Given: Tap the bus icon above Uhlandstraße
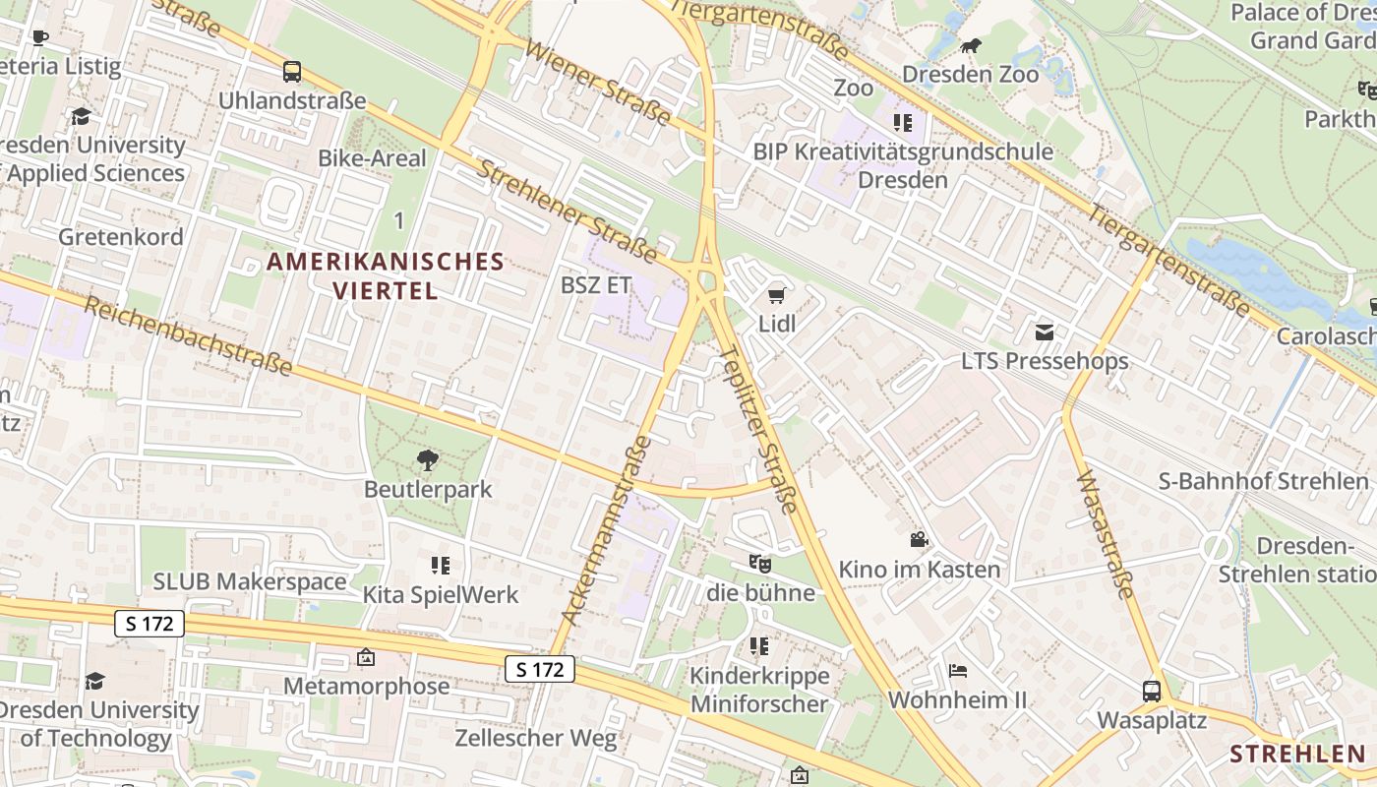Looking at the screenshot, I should (292, 72).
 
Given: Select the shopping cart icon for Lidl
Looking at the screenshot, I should (776, 294).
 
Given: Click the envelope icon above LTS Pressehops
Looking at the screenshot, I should (1045, 333).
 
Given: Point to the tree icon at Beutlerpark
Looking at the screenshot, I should (427, 459).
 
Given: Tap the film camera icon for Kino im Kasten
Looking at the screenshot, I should (919, 540).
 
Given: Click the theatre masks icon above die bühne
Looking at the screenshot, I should (759, 563).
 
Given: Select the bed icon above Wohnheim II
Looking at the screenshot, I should (957, 671).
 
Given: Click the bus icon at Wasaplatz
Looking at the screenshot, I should (1151, 691).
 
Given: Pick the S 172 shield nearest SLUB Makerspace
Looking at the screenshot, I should (150, 623).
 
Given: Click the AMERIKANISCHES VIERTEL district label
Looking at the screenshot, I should (386, 275).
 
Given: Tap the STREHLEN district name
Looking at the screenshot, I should (1297, 755).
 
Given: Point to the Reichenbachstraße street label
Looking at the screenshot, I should (188, 335).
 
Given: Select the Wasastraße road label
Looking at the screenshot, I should (1107, 536).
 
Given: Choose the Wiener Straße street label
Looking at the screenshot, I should (598, 84).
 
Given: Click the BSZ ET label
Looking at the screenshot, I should (595, 285).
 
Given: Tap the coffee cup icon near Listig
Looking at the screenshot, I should (39, 38).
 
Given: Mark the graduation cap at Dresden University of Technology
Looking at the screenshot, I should (94, 681).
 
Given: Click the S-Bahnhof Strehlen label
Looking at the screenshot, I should (1263, 481).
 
